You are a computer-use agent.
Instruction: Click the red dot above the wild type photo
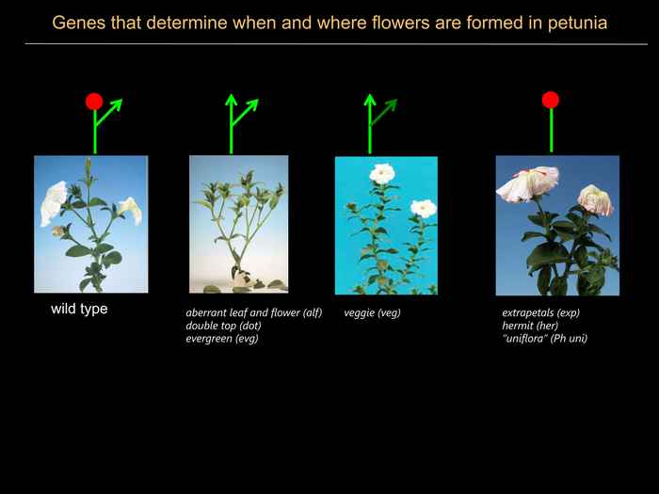pyautogui.click(x=94, y=102)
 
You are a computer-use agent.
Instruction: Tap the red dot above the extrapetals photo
pyautogui.click(x=551, y=100)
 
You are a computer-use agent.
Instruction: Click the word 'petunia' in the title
pyautogui.click(x=577, y=24)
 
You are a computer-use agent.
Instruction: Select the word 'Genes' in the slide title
pyautogui.click(x=78, y=23)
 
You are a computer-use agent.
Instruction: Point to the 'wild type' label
pyautogui.click(x=79, y=309)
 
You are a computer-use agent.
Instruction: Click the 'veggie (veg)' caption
pyautogui.click(x=373, y=313)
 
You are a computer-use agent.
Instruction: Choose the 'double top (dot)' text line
pyautogui.click(x=224, y=326)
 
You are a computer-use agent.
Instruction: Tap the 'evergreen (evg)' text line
pyautogui.click(x=222, y=339)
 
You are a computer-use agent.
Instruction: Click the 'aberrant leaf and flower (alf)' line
pyautogui.click(x=254, y=313)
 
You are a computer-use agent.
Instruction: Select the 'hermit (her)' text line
pyautogui.click(x=530, y=326)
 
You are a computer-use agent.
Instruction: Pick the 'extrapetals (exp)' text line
pyautogui.click(x=541, y=313)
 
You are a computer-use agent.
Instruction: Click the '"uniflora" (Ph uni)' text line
pyautogui.click(x=545, y=339)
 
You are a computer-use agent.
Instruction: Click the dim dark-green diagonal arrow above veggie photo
pyautogui.click(x=383, y=112)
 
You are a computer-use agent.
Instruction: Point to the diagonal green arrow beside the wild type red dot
pyautogui.click(x=109, y=112)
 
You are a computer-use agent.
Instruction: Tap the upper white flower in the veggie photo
pyautogui.click(x=382, y=173)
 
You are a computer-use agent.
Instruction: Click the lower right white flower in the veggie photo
pyautogui.click(x=424, y=208)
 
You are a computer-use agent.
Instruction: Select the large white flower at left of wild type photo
pyautogui.click(x=54, y=203)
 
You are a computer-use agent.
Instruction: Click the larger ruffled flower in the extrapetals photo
pyautogui.click(x=527, y=183)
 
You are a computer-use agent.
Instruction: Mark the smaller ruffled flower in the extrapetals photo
pyautogui.click(x=596, y=200)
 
